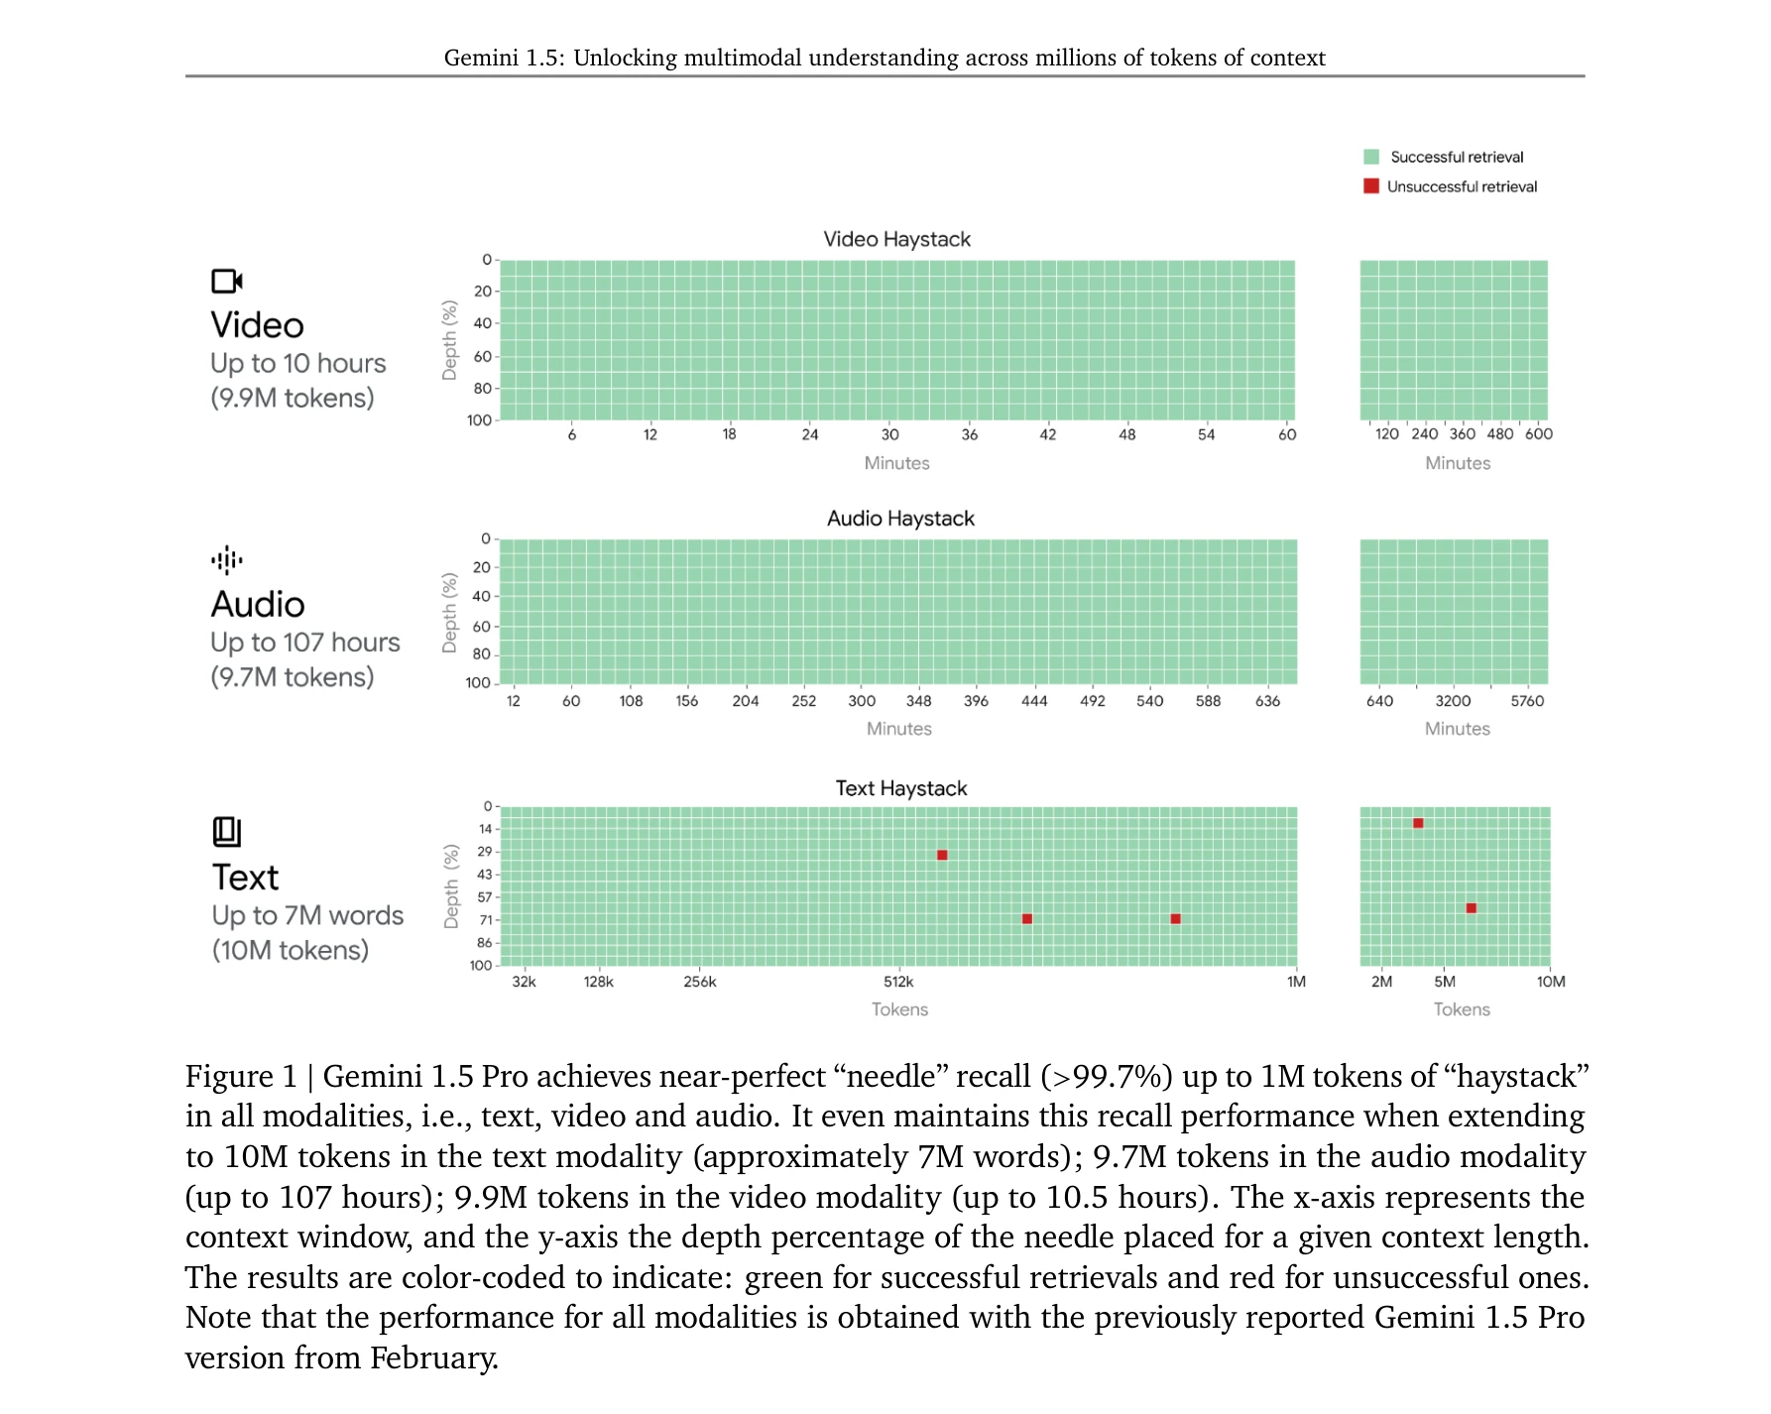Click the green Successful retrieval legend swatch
coord(1371,157)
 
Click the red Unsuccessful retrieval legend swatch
coord(1371,186)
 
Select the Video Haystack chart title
coord(896,239)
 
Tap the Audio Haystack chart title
coord(900,519)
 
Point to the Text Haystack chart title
coord(900,788)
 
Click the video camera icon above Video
coord(227,282)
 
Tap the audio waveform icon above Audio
coord(227,560)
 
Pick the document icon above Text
coord(227,832)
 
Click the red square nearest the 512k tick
coord(942,855)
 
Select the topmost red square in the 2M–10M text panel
coord(1418,823)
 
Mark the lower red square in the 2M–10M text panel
coord(1472,908)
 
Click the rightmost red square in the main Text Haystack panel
coord(1175,919)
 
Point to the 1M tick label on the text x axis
coord(1296,982)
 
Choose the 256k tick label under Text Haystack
coord(700,982)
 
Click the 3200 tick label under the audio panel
coord(1453,701)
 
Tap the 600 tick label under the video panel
coord(1539,434)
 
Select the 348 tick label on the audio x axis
coord(918,701)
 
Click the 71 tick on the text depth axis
coord(486,920)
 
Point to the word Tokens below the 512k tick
coord(899,1009)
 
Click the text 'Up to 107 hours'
coord(305,643)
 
